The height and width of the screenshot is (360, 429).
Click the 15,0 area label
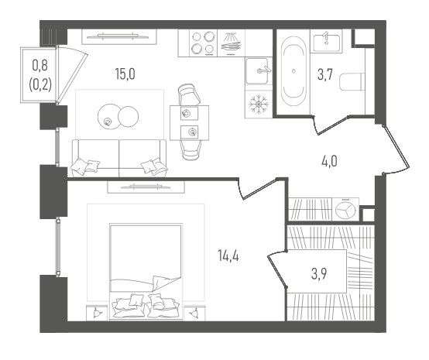point(125,74)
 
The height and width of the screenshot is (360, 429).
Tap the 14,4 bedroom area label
point(228,256)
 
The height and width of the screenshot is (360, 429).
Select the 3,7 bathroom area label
point(324,74)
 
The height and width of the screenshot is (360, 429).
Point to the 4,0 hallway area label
point(329,161)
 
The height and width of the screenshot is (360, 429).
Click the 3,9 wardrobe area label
point(319,274)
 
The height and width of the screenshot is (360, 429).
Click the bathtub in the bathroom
point(293,71)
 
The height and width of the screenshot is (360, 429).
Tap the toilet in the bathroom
point(352,81)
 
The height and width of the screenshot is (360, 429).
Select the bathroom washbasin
point(327,42)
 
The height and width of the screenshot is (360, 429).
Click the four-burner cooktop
point(202,43)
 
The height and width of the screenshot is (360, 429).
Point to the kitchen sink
point(257,71)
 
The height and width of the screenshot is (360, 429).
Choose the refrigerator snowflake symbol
point(259,104)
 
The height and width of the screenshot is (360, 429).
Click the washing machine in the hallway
point(345,209)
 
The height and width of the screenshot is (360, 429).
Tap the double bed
point(146,272)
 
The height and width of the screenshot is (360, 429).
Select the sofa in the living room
point(119,158)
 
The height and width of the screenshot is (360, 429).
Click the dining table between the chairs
point(189,123)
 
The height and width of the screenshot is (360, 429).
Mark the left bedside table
point(97,313)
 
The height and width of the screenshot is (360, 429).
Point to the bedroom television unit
point(146,187)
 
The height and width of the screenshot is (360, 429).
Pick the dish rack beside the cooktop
point(232,43)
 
